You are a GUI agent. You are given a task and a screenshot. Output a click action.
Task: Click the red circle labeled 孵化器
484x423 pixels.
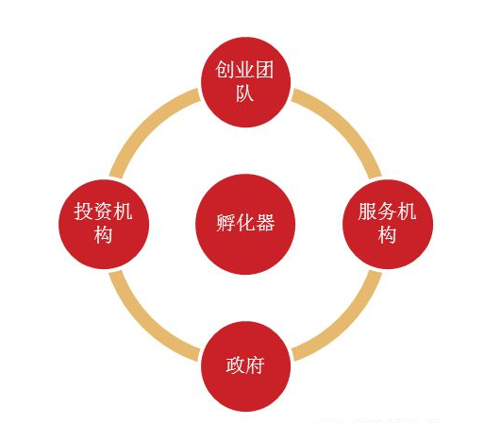[245, 224]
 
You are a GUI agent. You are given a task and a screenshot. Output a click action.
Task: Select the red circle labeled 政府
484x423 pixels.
[245, 366]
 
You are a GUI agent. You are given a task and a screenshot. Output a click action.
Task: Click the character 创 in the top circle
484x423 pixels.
[225, 70]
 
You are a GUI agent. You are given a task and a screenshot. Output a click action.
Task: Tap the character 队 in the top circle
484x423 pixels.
[245, 93]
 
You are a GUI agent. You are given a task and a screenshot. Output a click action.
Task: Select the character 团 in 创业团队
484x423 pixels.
[264, 70]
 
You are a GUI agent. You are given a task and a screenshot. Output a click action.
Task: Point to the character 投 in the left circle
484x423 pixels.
[83, 211]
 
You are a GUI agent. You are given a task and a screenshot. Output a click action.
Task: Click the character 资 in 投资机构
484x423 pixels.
[103, 211]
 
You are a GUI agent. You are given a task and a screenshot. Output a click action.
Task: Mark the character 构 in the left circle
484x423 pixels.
[103, 235]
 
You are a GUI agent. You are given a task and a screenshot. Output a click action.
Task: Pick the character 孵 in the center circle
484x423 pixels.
[225, 223]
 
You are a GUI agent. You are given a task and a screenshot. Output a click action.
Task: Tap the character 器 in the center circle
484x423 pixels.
[265, 223]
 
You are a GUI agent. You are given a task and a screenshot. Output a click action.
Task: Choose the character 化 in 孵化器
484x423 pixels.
[245, 223]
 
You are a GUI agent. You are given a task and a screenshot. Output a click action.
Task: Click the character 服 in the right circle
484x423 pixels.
[368, 211]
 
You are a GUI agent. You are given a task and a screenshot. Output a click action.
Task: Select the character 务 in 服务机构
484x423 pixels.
[387, 211]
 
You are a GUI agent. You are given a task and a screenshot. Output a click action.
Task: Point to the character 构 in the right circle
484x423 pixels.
[387, 235]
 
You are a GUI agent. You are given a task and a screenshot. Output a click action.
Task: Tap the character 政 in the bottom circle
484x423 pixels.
[236, 365]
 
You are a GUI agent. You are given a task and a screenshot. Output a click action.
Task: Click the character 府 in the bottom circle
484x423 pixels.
[255, 365]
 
